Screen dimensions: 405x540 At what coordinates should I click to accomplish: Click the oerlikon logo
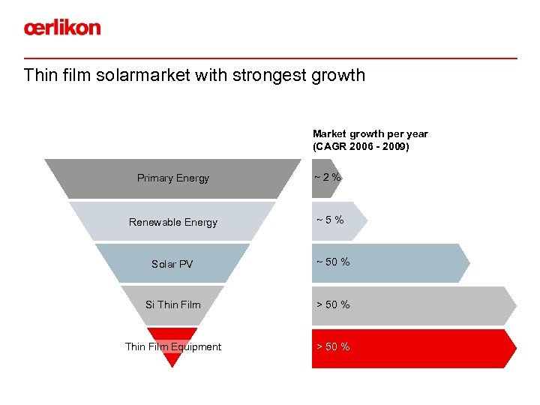pyautogui.click(x=61, y=28)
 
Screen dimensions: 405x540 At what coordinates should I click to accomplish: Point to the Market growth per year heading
pyautogui.click(x=370, y=133)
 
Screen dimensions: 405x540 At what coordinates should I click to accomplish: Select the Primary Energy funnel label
pyautogui.click(x=172, y=178)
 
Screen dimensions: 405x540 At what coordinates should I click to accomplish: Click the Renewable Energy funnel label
pyautogui.click(x=172, y=222)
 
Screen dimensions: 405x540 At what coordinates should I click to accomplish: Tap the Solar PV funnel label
pyautogui.click(x=172, y=264)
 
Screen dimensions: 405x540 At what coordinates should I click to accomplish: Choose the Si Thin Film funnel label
pyautogui.click(x=172, y=304)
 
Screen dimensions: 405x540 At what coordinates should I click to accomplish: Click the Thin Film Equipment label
pyautogui.click(x=172, y=346)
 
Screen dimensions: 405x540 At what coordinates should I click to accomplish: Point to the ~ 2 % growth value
pyautogui.click(x=327, y=178)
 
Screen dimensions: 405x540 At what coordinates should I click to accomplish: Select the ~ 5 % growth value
pyautogui.click(x=330, y=220)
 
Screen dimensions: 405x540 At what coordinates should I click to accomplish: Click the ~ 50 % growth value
pyautogui.click(x=332, y=262)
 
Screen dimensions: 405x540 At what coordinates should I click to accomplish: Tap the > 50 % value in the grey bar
pyautogui.click(x=332, y=304)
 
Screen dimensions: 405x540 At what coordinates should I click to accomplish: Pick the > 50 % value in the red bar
pyautogui.click(x=332, y=346)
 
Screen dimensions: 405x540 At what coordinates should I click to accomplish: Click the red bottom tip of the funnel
pyautogui.click(x=172, y=363)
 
